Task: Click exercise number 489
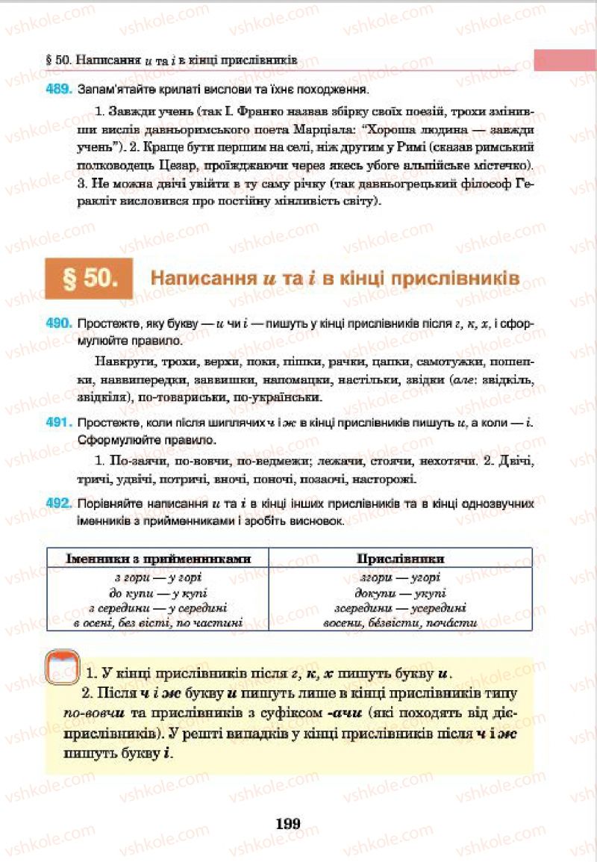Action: [x=57, y=90]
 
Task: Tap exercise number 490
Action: [x=57, y=326]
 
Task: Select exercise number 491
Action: [x=57, y=424]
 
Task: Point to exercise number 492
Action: [x=57, y=505]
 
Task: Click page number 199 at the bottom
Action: [x=287, y=824]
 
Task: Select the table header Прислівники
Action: [x=400, y=558]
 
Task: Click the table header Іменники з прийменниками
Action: [x=157, y=558]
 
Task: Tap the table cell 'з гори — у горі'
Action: [x=157, y=577]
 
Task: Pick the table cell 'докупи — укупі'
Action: [x=400, y=592]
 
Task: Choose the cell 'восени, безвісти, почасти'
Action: [x=400, y=622]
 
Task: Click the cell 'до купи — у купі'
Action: [x=157, y=592]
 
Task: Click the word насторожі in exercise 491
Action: [x=384, y=478]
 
